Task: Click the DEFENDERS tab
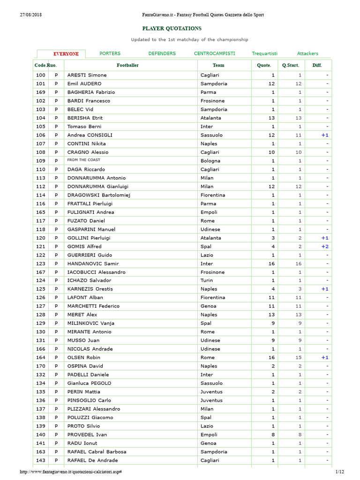[162, 53]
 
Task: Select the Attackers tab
[307, 53]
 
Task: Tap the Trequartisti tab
[264, 53]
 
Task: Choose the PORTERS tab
[110, 53]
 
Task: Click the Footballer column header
[127, 65]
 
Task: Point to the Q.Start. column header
[291, 65]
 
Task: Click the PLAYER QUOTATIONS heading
[172, 29]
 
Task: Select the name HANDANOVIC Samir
[93, 263]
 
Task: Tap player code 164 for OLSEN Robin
[41, 357]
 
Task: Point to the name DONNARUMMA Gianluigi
[100, 186]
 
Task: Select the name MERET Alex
[82, 315]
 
